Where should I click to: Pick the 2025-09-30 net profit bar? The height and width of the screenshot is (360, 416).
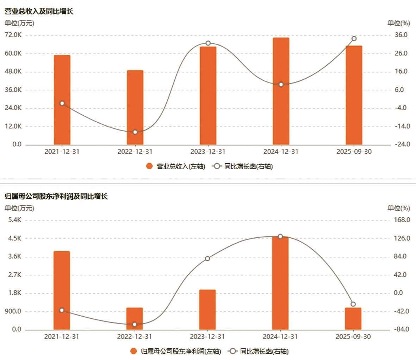tap(353, 319)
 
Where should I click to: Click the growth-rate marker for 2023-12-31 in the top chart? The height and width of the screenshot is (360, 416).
tap(208, 43)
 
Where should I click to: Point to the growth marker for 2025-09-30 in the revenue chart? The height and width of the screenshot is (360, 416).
tap(354, 39)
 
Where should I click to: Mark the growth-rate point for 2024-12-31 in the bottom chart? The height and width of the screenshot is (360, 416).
tap(280, 236)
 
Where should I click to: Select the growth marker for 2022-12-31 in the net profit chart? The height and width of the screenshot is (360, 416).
tap(134, 324)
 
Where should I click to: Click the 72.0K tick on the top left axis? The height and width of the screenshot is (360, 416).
tap(13, 35)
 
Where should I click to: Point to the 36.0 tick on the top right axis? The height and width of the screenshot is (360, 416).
tap(401, 35)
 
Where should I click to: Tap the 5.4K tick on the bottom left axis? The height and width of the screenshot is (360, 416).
tap(14, 220)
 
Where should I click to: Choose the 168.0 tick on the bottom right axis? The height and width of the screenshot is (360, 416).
tap(402, 220)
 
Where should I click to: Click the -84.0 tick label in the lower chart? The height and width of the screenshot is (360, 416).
tap(401, 329)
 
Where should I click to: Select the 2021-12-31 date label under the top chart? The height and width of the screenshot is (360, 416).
tap(62, 152)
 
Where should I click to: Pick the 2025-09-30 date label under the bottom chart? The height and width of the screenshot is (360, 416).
tap(353, 337)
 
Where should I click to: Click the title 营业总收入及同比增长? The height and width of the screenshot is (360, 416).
tap(39, 11)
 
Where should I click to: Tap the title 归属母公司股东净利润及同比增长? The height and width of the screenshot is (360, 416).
tap(56, 196)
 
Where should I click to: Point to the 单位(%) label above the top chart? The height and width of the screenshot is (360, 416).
tap(399, 23)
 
